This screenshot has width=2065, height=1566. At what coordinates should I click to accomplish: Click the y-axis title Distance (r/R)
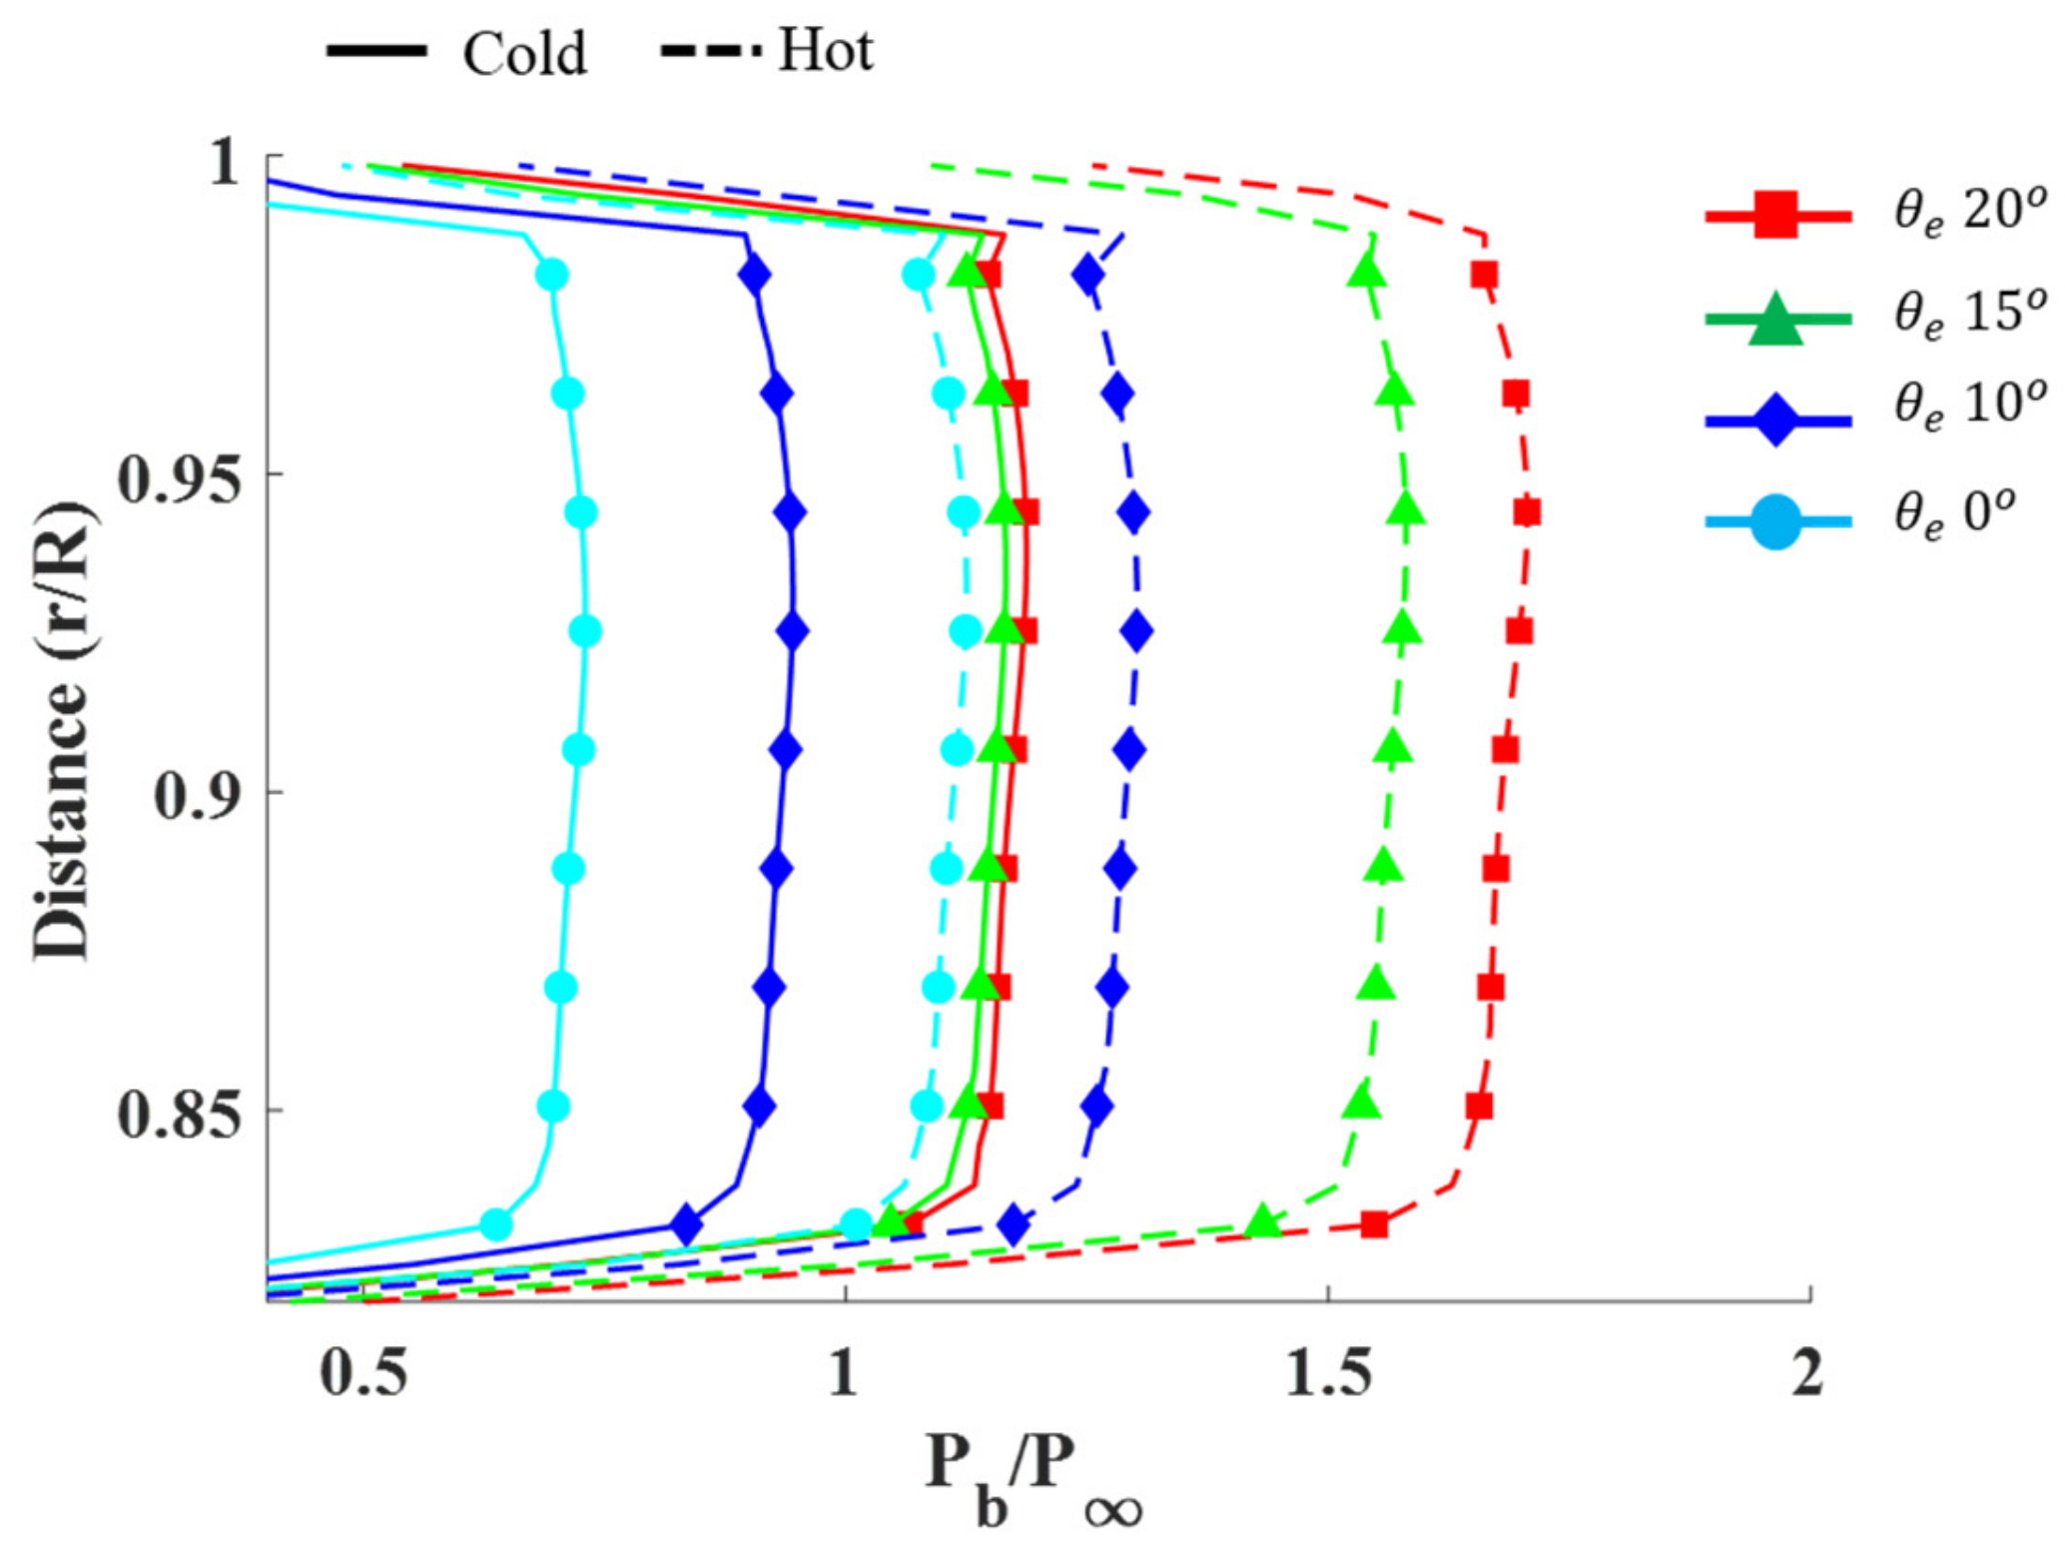[x=62, y=731]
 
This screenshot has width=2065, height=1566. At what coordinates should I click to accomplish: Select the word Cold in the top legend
[x=524, y=54]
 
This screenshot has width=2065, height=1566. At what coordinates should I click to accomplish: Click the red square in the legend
[x=1775, y=216]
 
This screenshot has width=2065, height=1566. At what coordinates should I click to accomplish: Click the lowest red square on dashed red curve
[x=1374, y=1224]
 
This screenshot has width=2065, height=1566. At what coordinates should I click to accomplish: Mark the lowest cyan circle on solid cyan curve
[x=496, y=1223]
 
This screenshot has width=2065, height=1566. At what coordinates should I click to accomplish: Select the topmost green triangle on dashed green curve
[x=1367, y=271]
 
